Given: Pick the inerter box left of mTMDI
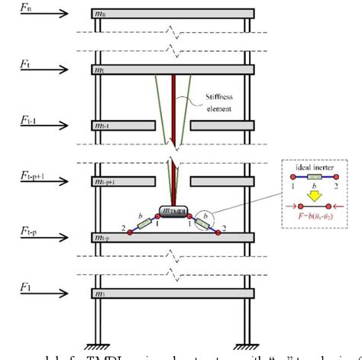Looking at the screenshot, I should tap(144, 224).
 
